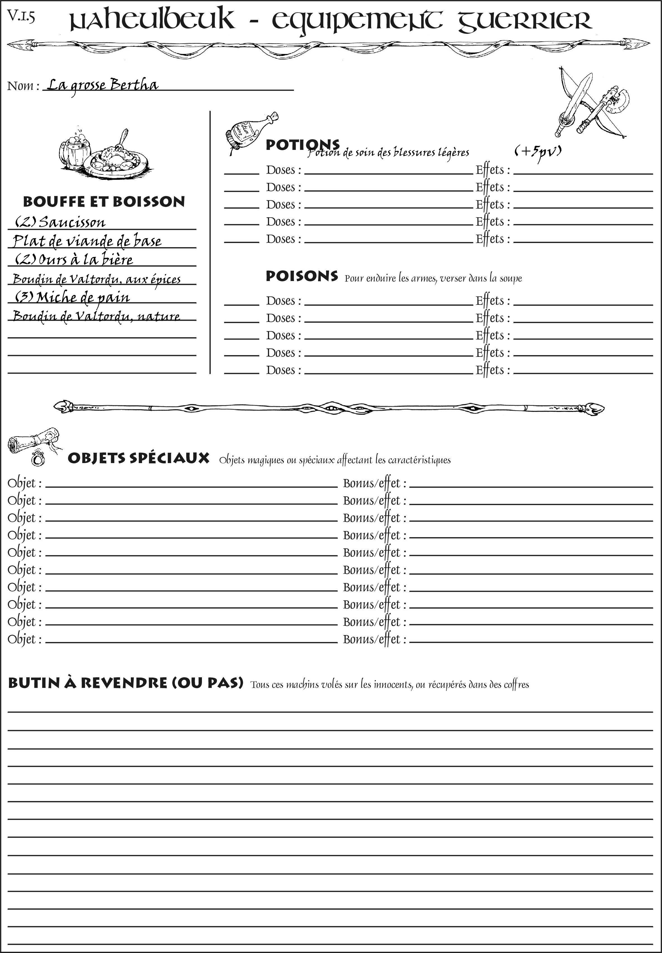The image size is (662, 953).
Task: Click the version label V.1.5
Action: coord(21,16)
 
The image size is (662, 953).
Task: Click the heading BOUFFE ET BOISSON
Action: coord(104,202)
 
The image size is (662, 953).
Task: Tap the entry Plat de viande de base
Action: coord(87,241)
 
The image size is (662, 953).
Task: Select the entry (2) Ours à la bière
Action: coord(74,260)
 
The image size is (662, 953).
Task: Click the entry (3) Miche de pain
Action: coord(73,297)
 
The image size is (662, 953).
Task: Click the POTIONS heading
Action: coord(302,145)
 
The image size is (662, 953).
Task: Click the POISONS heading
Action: coord(302,276)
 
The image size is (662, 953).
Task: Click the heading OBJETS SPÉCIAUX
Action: coord(138,458)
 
